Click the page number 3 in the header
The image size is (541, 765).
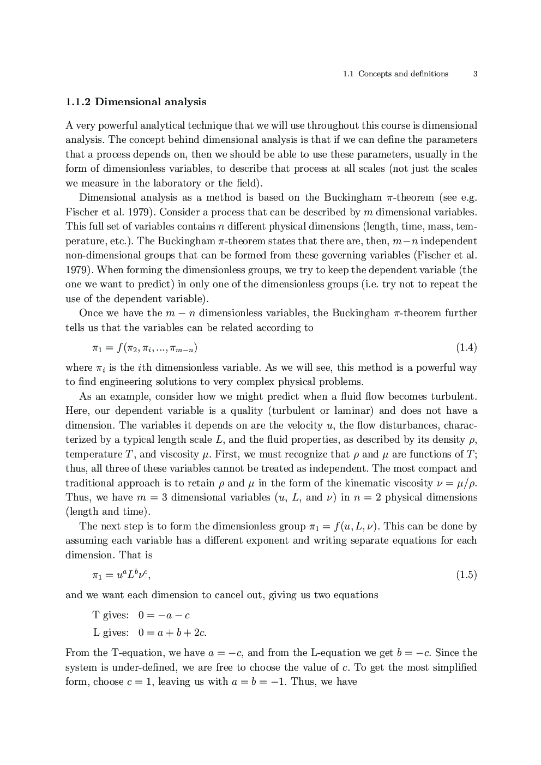pyautogui.click(x=475, y=74)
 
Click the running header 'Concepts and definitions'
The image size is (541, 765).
pyautogui.click(x=403, y=74)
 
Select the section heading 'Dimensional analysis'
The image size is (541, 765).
pyautogui.click(x=151, y=102)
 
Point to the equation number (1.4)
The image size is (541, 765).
pyautogui.click(x=466, y=347)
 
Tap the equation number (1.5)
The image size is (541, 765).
pyautogui.click(x=466, y=575)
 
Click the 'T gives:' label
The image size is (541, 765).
pyautogui.click(x=111, y=615)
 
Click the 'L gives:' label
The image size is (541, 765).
pyautogui.click(x=111, y=633)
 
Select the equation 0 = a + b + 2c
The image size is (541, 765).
pyautogui.click(x=172, y=633)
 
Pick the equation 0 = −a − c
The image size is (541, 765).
pyautogui.click(x=164, y=615)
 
